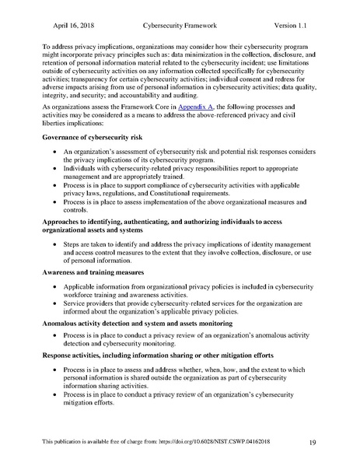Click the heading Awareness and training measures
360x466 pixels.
[x=96, y=272]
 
